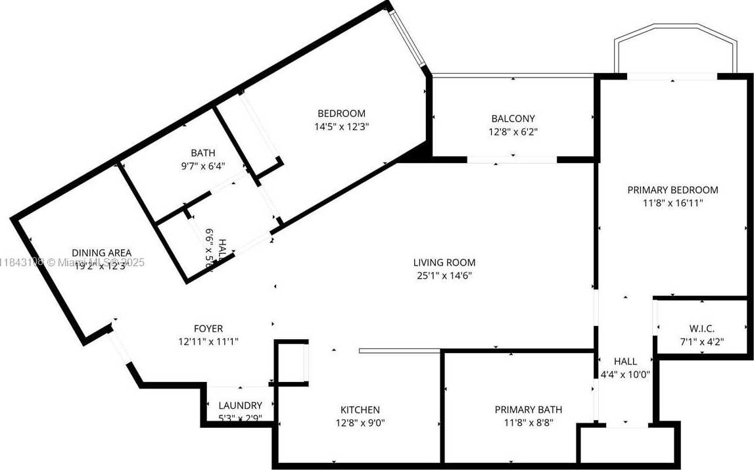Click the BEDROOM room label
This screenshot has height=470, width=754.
[x=341, y=113]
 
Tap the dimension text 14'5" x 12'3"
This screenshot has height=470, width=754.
[x=341, y=126]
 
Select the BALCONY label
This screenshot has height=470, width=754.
[x=513, y=118]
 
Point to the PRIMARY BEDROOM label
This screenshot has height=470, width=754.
[x=672, y=190]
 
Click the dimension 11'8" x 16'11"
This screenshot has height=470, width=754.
[x=672, y=203]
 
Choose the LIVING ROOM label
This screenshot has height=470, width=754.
[x=444, y=262]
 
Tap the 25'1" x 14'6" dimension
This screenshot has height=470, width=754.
[x=444, y=275]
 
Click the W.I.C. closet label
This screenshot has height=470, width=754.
[x=702, y=328]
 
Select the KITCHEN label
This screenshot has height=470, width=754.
[x=360, y=410]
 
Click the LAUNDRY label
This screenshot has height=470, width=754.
[x=240, y=406]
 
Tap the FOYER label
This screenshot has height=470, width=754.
[x=208, y=328]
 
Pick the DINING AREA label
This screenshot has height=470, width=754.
[x=101, y=252]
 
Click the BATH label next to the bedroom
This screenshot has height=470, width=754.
[x=202, y=153]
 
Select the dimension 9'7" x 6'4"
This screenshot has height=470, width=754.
[x=202, y=166]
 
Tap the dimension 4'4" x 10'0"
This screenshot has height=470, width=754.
[x=625, y=374]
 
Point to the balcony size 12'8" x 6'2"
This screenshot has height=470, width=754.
[x=513, y=131]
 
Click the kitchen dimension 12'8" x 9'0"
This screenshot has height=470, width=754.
[x=360, y=423]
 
